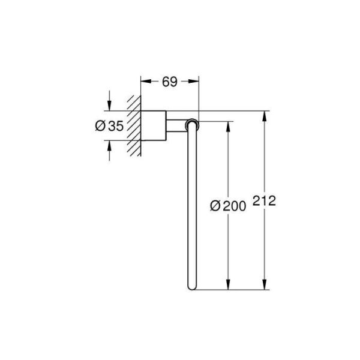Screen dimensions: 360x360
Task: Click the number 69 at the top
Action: [170, 82]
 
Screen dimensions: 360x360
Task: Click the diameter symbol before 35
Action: [100, 126]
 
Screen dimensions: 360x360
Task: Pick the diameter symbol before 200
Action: [214, 206]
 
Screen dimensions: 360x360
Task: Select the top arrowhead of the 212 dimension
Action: [264, 116]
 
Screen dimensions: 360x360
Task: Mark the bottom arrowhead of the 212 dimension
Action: [264, 286]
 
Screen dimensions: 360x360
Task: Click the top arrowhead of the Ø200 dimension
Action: [228, 125]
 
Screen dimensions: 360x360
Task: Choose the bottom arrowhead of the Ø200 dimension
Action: [228, 286]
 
